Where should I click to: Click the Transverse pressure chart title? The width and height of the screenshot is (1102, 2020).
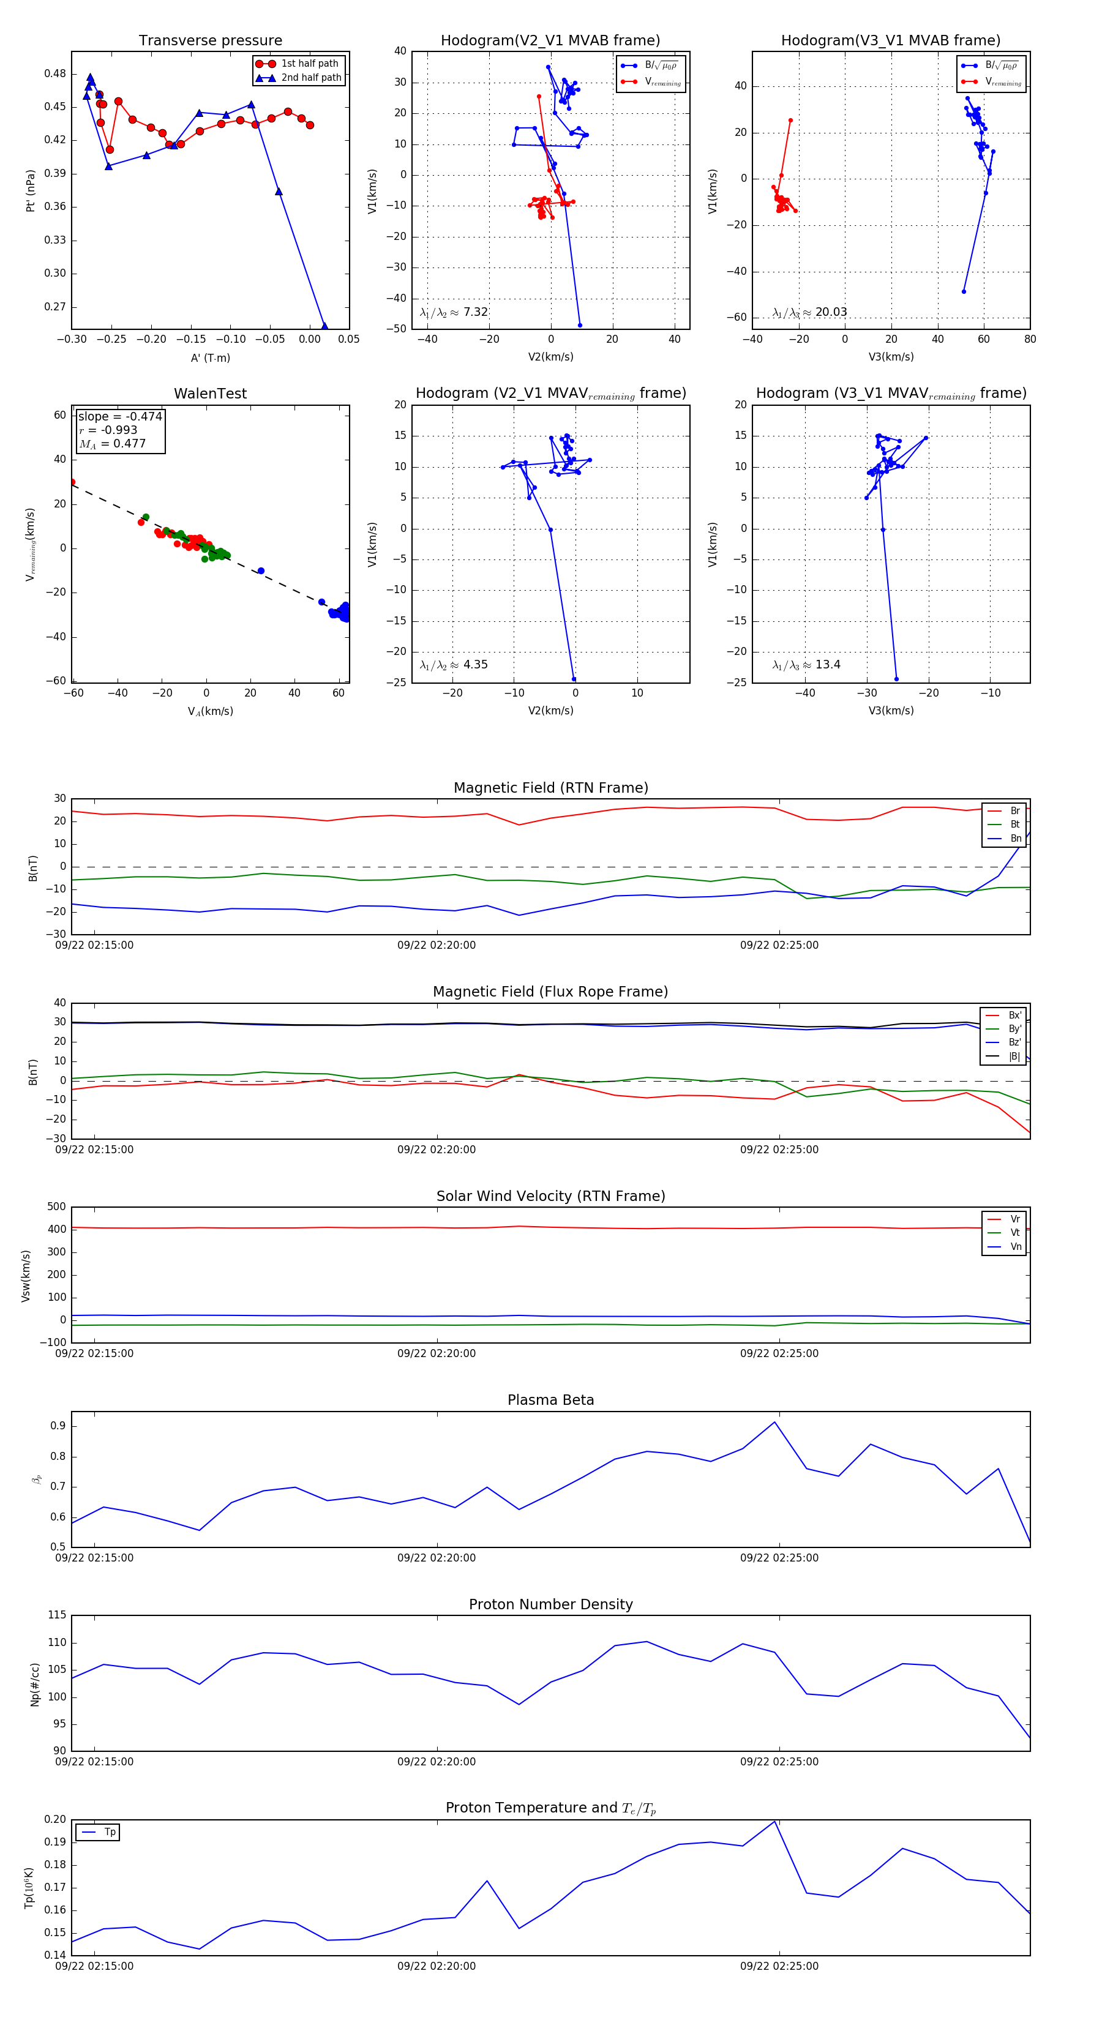pos(210,41)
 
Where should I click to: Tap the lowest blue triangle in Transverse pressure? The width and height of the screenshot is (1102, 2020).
pos(324,326)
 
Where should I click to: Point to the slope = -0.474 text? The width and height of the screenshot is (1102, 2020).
pos(120,416)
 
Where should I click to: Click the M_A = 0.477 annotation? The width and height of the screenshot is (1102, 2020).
pos(112,444)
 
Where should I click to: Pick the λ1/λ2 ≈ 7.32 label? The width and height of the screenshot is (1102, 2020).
pos(453,312)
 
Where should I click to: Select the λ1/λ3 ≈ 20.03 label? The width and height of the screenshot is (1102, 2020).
pos(809,312)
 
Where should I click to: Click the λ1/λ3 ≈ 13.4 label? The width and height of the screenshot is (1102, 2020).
pos(806,665)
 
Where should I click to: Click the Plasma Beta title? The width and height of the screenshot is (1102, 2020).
pos(550,1400)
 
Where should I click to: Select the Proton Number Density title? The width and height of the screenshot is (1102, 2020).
pos(550,1604)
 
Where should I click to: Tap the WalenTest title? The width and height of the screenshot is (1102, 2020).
pos(210,394)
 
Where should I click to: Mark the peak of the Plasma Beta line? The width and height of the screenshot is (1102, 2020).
pos(775,1422)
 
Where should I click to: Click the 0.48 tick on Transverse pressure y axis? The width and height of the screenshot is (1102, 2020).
pos(55,73)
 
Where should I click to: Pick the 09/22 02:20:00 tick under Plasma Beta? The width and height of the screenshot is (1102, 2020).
pos(436,1557)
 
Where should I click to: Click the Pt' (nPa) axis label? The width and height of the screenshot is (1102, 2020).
pos(31,190)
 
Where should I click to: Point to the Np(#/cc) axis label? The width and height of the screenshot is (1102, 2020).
pos(34,1683)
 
